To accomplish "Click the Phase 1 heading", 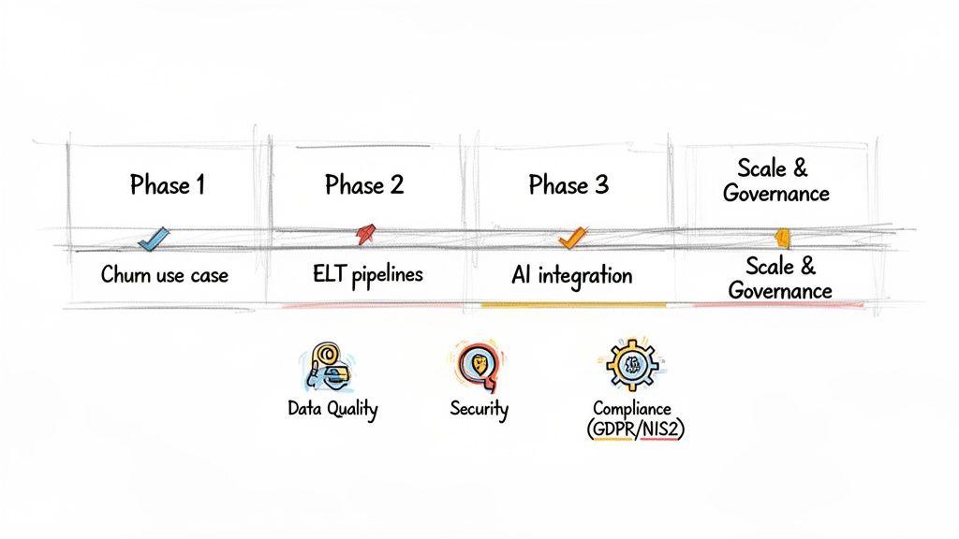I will (167, 185).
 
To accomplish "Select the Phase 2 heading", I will (364, 185).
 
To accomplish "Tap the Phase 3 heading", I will (568, 185).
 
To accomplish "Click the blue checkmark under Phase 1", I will (151, 240).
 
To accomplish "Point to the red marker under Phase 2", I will (363, 234).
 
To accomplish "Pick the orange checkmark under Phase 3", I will (570, 239).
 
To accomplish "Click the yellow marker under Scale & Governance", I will (782, 237).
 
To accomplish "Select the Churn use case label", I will (165, 276).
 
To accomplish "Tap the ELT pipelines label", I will (367, 274).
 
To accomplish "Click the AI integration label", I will (571, 275).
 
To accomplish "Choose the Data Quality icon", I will (326, 365).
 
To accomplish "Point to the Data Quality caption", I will (332, 409).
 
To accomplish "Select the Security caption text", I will (479, 409).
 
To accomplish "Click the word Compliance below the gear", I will (631, 409).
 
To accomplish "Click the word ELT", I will (331, 274).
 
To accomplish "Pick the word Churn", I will (122, 276).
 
